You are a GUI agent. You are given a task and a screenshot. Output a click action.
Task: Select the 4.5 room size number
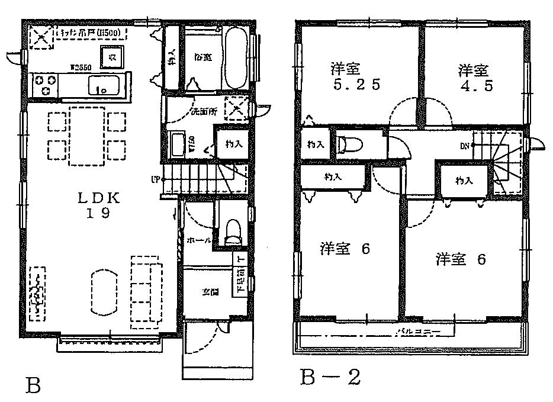click(475, 84)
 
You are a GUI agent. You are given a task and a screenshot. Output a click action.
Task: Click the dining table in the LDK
click(88, 136)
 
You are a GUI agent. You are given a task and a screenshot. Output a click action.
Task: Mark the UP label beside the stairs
click(155, 179)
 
